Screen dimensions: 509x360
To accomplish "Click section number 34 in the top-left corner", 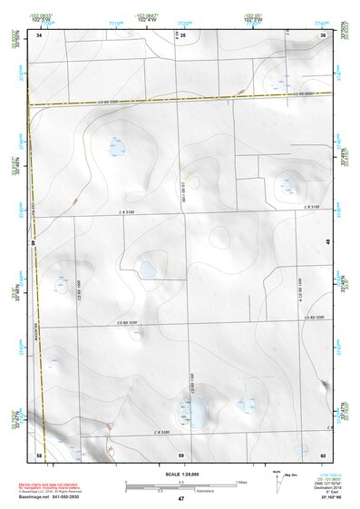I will pyautogui.click(x=39, y=34).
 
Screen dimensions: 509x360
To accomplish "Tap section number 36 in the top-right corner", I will pyautogui.click(x=324, y=34).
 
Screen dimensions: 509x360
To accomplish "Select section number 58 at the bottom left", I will pyautogui.click(x=39, y=453).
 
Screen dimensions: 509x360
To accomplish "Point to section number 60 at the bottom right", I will pyautogui.click(x=324, y=453).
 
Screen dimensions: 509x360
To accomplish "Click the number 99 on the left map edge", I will pyautogui.click(x=32, y=243).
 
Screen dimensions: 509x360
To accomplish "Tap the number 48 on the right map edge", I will pyautogui.click(x=327, y=241).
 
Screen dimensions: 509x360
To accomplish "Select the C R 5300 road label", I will pyautogui.click(x=161, y=432).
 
